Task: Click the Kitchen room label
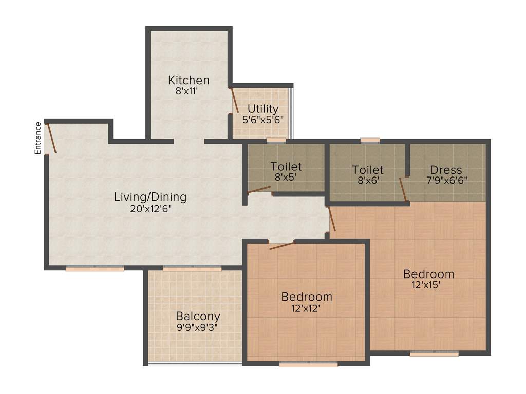189,81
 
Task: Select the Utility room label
263,109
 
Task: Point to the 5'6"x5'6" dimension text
263,119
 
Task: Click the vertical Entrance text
38,137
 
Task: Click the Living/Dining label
150,197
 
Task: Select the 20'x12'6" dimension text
150,208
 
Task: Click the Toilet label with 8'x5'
286,167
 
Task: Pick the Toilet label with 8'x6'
368,170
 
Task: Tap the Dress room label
446,170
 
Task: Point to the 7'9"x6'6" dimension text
446,181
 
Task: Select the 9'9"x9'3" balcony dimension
198,327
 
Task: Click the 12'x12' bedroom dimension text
307,308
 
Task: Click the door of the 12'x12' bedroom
281,246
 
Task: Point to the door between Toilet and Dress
403,189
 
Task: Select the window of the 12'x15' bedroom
434,353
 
